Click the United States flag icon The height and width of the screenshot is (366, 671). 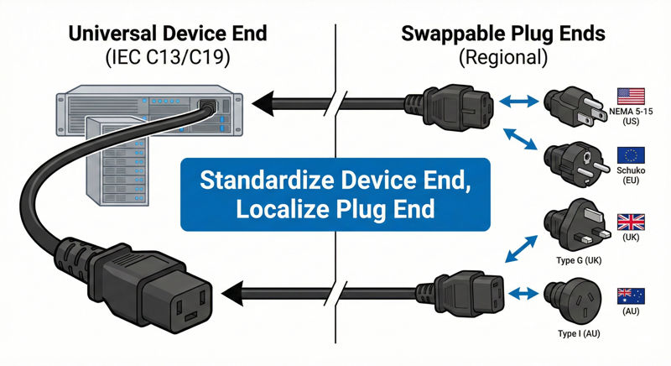[630, 94]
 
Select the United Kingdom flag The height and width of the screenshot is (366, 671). [630, 222]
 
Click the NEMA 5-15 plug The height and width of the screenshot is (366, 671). [571, 107]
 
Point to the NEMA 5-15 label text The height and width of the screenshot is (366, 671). [630, 111]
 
